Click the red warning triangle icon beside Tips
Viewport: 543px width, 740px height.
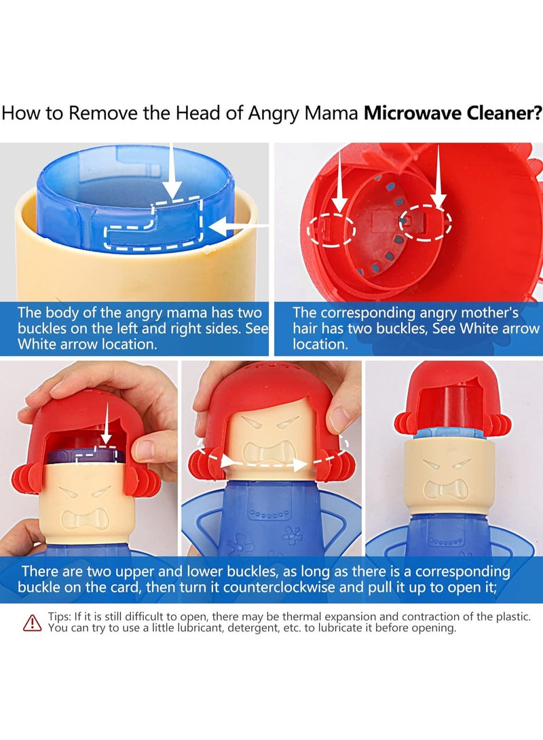point(32,622)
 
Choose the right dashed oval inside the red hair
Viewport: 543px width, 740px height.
point(424,220)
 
